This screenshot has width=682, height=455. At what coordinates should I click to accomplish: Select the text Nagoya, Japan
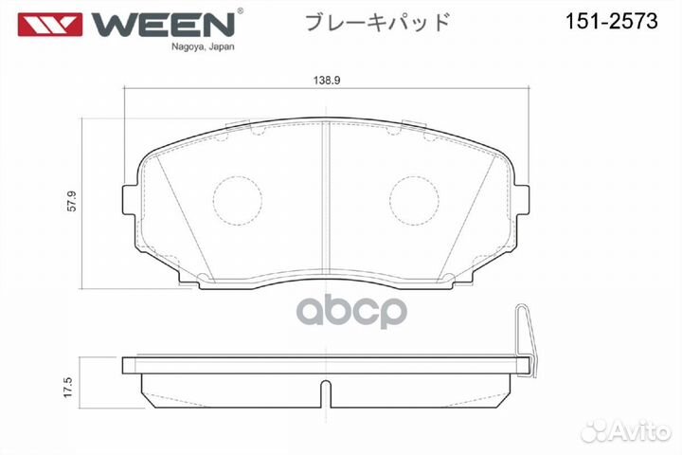[204, 45]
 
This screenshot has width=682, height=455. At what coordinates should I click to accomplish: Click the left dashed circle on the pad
[236, 201]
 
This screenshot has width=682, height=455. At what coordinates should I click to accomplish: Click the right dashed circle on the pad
[414, 201]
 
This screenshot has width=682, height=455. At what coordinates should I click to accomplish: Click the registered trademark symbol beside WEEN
[240, 11]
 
